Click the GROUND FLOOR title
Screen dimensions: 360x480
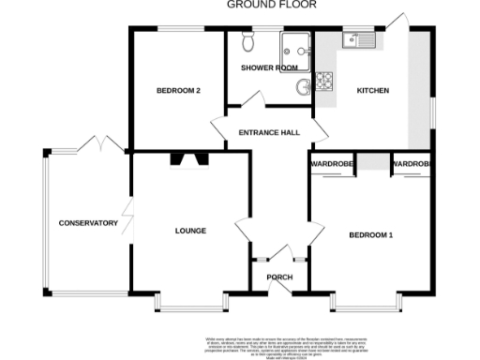272,5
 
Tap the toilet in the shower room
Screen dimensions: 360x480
248,43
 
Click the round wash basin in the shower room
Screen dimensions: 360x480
304,87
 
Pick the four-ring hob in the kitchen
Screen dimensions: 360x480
326,82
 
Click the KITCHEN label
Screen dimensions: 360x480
372,91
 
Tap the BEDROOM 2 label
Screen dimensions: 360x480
177,91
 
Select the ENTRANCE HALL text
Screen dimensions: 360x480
269,132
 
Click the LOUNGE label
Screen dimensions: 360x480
190,230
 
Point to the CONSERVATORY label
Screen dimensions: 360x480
88,223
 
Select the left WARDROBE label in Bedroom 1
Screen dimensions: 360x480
331,164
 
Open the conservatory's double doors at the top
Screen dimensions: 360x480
98,145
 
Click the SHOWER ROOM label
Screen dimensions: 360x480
269,68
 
